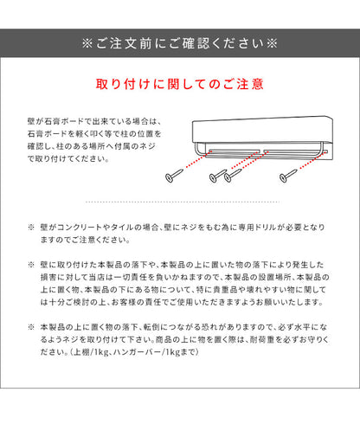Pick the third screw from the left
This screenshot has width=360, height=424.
tap(232, 176)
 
